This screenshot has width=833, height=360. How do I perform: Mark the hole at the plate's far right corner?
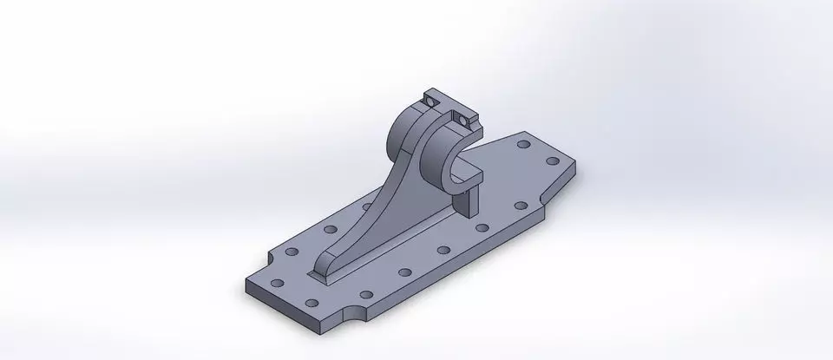[553, 161]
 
